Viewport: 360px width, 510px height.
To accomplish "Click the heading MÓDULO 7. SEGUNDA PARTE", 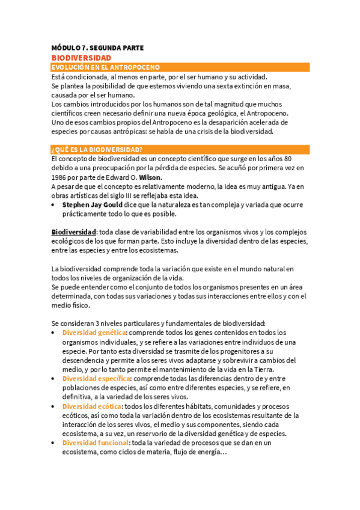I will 97,48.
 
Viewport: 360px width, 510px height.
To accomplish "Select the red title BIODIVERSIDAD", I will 81,58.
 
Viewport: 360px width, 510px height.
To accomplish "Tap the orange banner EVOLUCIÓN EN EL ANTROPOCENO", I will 105,67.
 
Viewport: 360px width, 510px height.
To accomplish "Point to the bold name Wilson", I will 150,178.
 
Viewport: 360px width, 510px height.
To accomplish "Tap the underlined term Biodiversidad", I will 74,232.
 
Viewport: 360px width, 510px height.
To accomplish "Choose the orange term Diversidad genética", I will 94,332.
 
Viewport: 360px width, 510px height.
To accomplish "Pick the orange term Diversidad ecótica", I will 93,406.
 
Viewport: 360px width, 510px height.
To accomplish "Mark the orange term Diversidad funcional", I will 95,443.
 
